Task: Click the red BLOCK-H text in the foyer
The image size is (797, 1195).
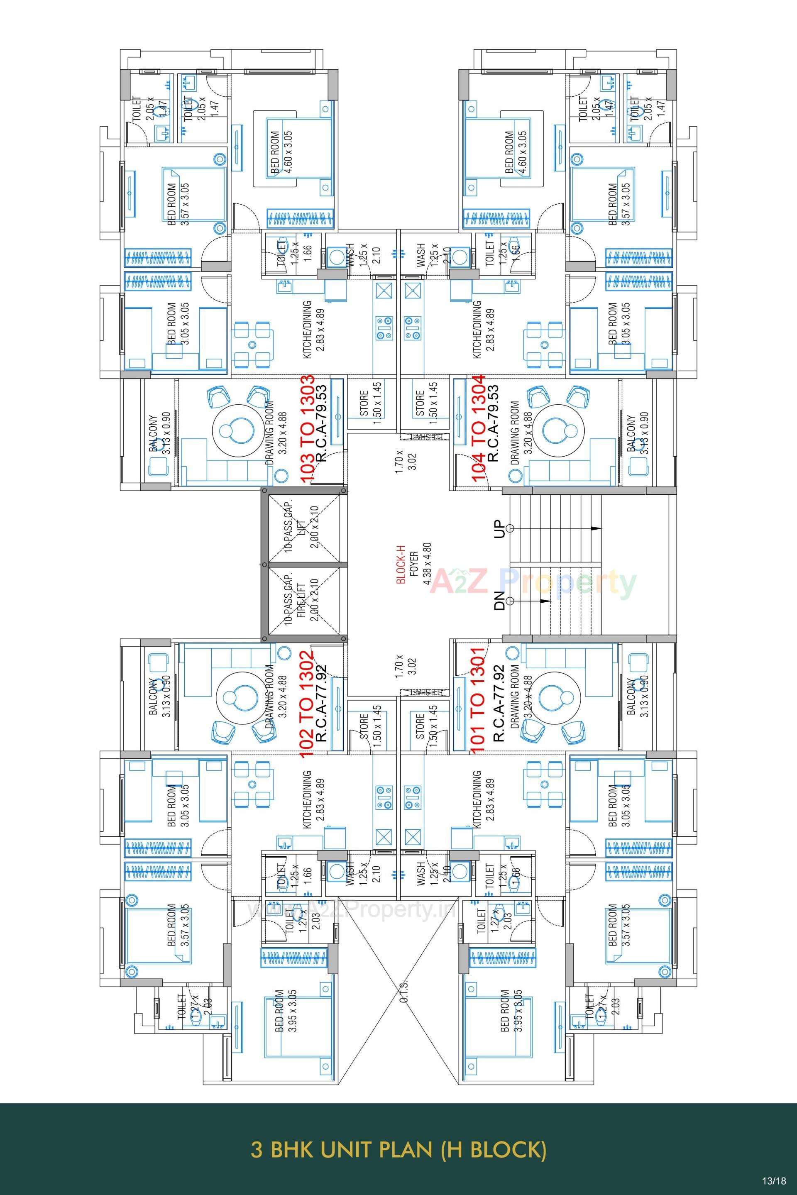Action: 401,564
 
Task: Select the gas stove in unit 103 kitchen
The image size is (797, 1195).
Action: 384,328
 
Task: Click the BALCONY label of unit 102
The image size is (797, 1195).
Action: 159,698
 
